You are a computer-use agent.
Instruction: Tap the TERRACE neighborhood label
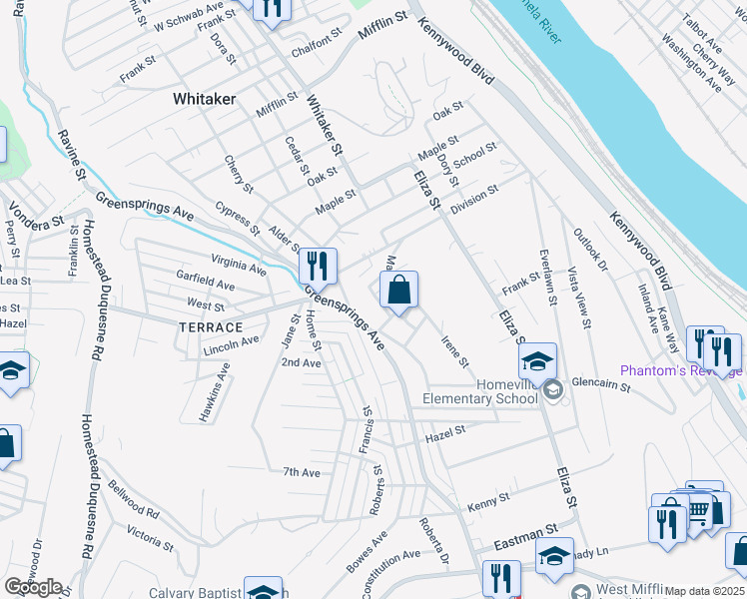[211, 327]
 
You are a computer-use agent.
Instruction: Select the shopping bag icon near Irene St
[398, 292]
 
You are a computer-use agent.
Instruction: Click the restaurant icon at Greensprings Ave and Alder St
[318, 266]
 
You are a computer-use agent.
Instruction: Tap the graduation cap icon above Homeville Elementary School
[537, 361]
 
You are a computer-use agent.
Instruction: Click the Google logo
[33, 587]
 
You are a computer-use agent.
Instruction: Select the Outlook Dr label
[590, 251]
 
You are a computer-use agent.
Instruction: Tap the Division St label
[473, 196]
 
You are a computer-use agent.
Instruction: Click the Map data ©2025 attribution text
[705, 591]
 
